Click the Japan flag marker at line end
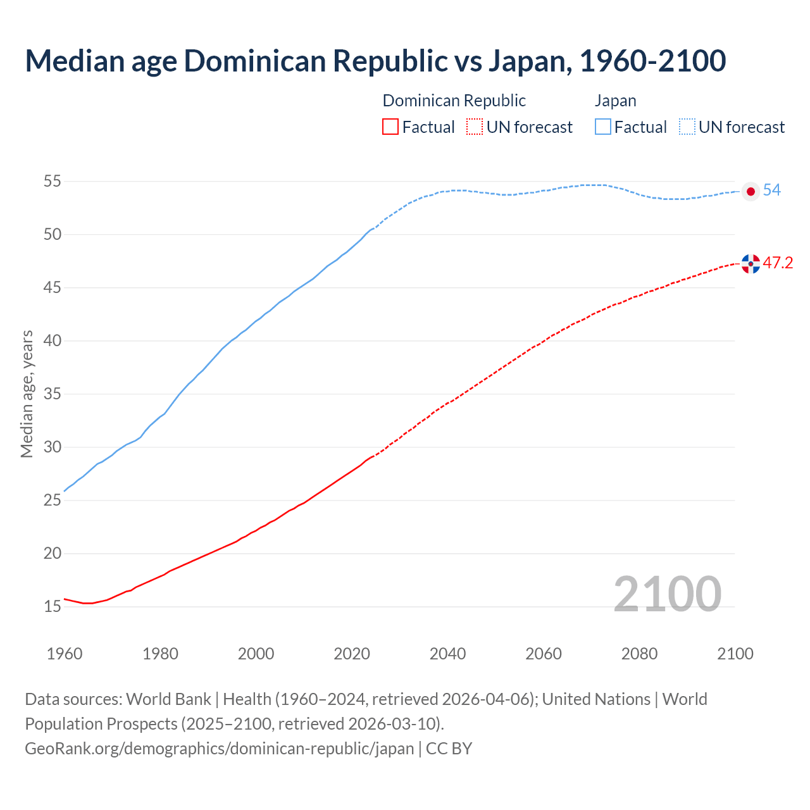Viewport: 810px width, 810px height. [x=751, y=191]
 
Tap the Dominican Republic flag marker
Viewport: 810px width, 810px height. [x=751, y=263]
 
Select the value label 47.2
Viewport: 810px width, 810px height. [x=778, y=263]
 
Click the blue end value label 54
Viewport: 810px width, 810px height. [x=771, y=190]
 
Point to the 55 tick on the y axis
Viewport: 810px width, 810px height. [x=52, y=182]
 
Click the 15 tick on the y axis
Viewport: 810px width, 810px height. [x=52, y=607]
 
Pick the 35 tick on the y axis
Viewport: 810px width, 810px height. [x=52, y=394]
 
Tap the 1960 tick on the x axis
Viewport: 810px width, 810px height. [x=65, y=654]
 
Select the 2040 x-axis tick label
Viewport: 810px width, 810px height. [x=447, y=654]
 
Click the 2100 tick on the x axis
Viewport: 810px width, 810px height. [x=735, y=654]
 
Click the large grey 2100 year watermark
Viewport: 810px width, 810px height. [x=667, y=594]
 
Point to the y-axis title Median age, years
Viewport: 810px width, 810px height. [x=27, y=394]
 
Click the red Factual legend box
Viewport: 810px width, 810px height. [x=390, y=127]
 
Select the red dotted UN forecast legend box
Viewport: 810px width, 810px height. [x=475, y=127]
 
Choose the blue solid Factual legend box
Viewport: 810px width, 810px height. [x=603, y=127]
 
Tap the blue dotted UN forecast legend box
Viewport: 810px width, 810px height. [x=687, y=127]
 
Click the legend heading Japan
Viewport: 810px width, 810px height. [x=615, y=101]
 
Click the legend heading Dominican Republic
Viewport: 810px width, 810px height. [x=454, y=101]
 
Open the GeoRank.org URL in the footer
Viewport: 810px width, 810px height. [x=219, y=749]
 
